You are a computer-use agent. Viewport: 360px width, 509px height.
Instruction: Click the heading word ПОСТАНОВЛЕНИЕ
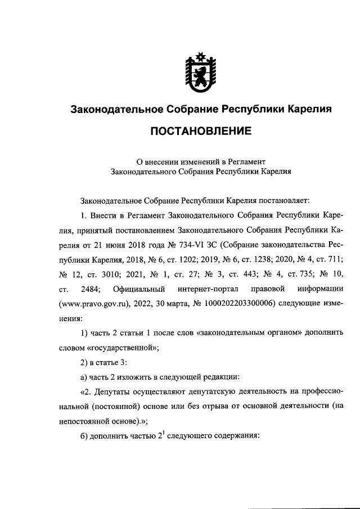(200, 132)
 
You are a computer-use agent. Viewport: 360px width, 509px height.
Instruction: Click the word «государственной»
(129, 347)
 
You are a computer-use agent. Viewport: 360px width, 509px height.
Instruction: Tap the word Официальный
(139, 289)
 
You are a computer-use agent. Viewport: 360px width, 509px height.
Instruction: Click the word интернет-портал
(205, 289)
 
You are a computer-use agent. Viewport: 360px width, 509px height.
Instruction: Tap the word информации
(318, 289)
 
